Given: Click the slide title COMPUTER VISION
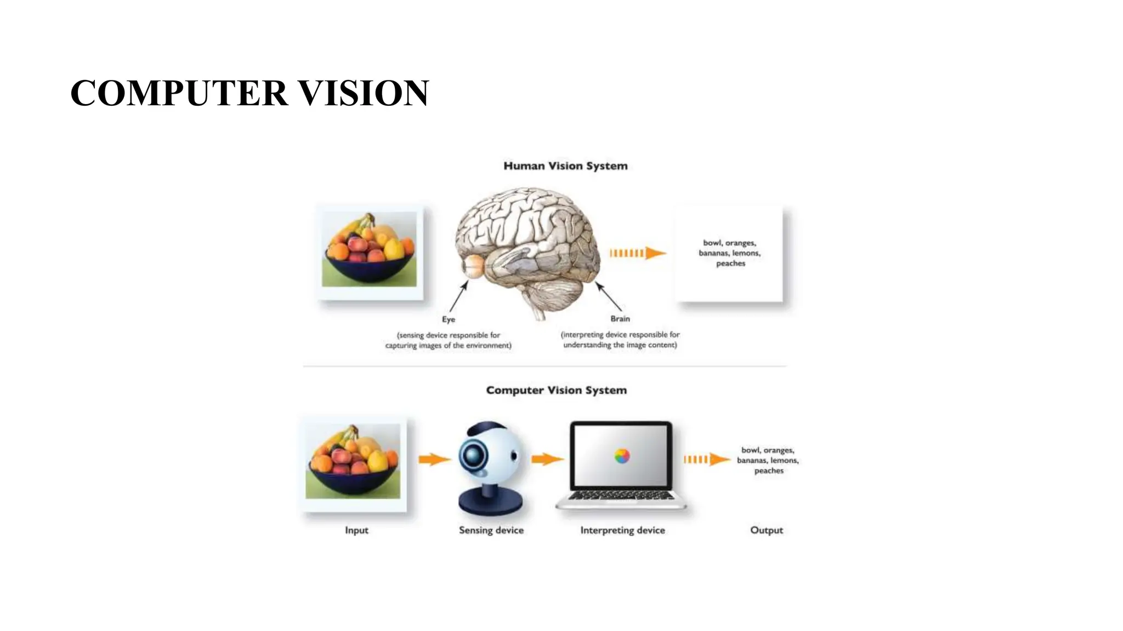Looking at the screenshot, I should pos(249,93).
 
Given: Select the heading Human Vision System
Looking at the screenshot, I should pos(565,166).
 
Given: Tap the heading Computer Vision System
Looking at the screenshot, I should pos(556,391).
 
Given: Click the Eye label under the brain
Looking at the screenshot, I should pos(449,319).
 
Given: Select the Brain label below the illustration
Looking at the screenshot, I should pos(620,319).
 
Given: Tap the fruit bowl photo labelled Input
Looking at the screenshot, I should pos(353,461).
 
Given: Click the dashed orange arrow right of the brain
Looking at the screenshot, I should pos(638,253).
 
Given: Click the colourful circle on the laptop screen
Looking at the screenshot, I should pos(622,456).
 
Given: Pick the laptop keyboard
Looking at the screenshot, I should pos(621,496).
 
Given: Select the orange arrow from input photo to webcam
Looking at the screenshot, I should pos(434,459).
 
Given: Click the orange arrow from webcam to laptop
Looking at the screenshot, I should pos(547,459).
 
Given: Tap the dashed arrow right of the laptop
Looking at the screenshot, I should pos(706,459).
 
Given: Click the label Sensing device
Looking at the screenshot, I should pos(491,530).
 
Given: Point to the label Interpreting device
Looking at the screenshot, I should pos(622,530).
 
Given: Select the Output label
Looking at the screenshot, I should pos(766,530).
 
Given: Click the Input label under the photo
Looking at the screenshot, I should pos(356,530).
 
